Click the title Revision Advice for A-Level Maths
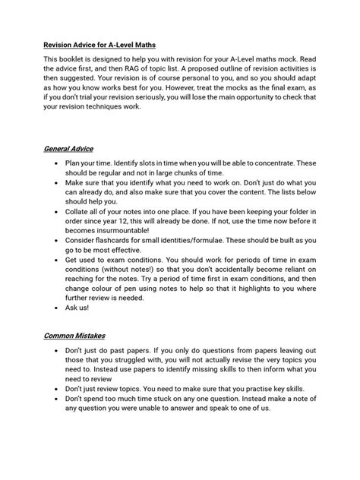tap(109, 44)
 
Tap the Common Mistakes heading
tap(74, 335)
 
